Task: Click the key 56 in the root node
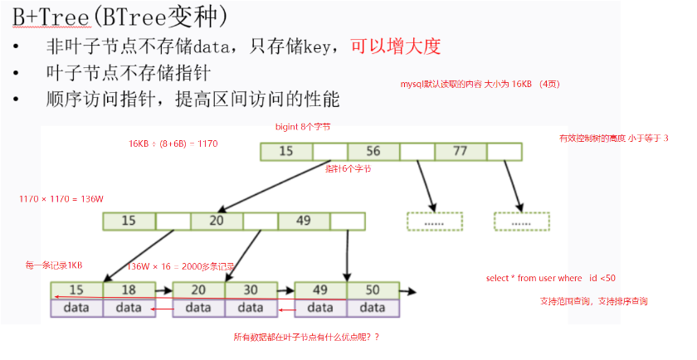pos(373,151)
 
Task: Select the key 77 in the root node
pos(461,151)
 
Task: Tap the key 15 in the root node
pos(286,151)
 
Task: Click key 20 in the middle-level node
pos(217,221)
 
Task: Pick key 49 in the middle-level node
pos(304,221)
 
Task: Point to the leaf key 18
pos(129,290)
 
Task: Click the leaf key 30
pos(250,290)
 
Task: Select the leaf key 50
pos(373,290)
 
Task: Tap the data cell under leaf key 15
pos(76,308)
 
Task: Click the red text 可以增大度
pos(395,46)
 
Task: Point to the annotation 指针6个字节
pos(348,168)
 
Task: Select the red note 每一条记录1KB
pos(54,265)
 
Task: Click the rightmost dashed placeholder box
pos(521,221)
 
